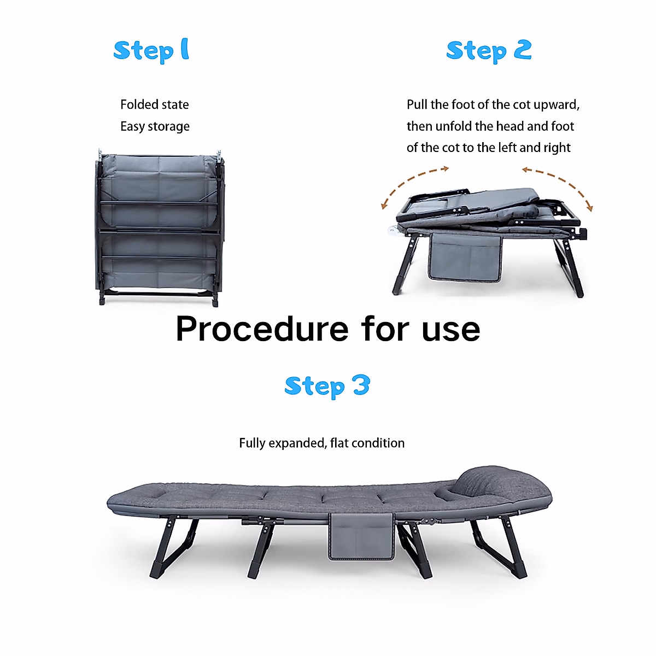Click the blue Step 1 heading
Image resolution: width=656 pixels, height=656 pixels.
click(151, 50)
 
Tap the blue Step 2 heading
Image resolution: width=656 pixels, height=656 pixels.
click(488, 51)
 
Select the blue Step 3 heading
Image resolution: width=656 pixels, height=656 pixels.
click(327, 386)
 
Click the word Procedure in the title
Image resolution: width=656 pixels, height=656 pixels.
click(261, 329)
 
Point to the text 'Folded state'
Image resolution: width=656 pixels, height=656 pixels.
click(154, 104)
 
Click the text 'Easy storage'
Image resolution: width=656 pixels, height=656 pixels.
click(155, 126)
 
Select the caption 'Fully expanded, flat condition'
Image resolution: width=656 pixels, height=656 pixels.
click(321, 443)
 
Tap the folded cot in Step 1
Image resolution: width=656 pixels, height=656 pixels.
click(159, 227)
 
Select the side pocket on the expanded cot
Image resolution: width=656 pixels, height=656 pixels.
click(361, 536)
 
